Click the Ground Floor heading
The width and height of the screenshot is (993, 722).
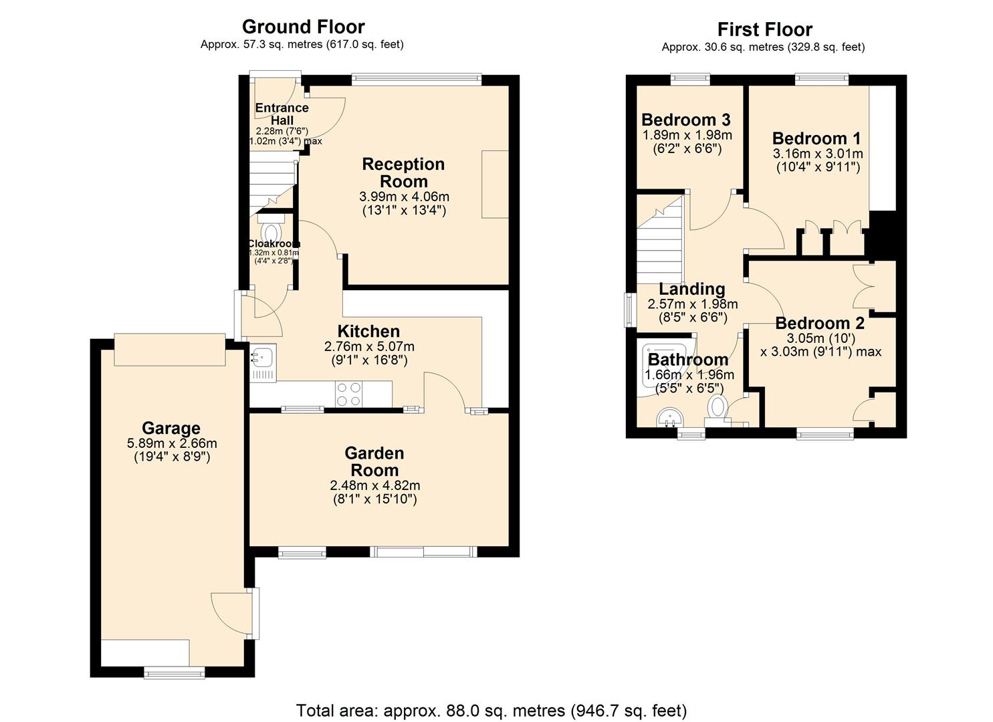(x=303, y=27)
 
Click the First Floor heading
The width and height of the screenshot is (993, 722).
(x=764, y=29)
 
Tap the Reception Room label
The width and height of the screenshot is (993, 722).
(x=403, y=172)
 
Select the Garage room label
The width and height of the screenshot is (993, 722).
(x=171, y=428)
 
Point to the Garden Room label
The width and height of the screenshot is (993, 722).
(x=374, y=461)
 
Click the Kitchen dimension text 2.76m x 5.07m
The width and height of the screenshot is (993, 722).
(x=369, y=346)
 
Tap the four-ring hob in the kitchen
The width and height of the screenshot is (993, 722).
(x=348, y=394)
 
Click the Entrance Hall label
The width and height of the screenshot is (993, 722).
(x=282, y=114)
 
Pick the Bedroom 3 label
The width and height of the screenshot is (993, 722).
(x=686, y=120)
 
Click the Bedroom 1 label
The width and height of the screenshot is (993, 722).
(x=816, y=138)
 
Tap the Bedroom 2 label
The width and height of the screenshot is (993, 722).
(x=820, y=323)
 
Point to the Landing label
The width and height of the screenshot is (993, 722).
(x=692, y=289)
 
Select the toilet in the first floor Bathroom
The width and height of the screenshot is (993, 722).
(x=717, y=406)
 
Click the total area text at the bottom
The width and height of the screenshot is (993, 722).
(x=491, y=710)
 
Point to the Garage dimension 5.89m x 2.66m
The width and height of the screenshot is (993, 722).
(x=172, y=443)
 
